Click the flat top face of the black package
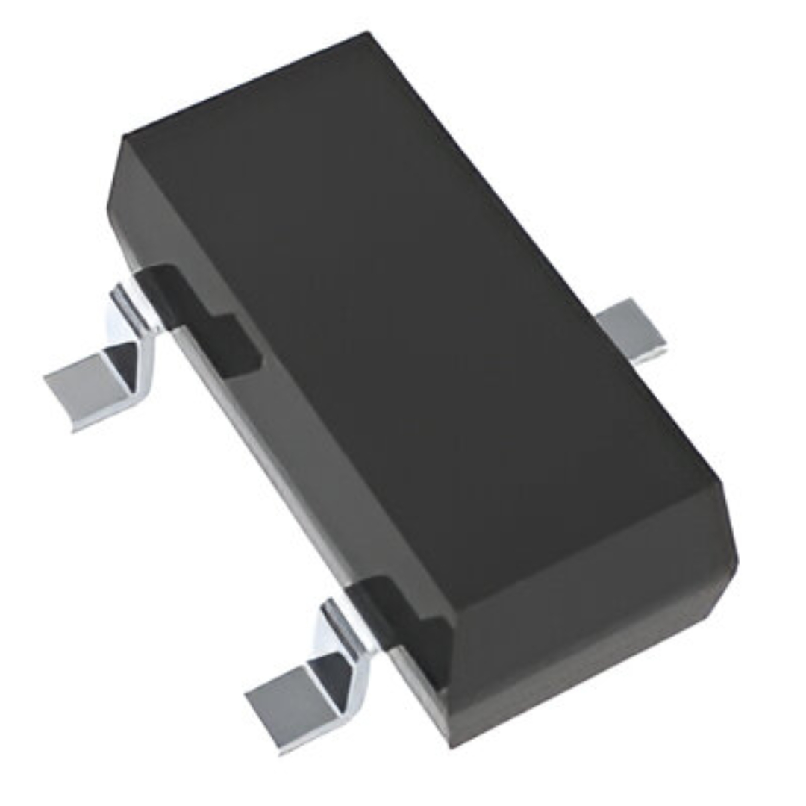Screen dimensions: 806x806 [418, 299]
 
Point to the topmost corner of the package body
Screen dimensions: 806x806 [367, 33]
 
